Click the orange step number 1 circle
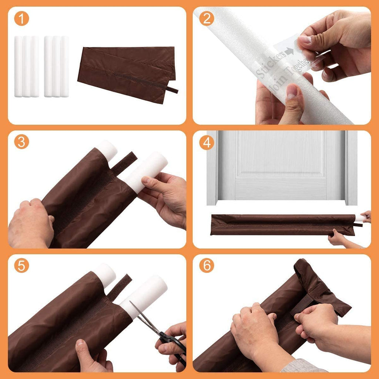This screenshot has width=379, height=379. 21,19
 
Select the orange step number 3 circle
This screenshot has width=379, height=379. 21,142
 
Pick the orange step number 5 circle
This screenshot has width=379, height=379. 21,266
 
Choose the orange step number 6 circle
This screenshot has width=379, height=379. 207,266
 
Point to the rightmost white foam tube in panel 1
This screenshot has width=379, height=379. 65,67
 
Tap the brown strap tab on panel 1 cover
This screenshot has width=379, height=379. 172,90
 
